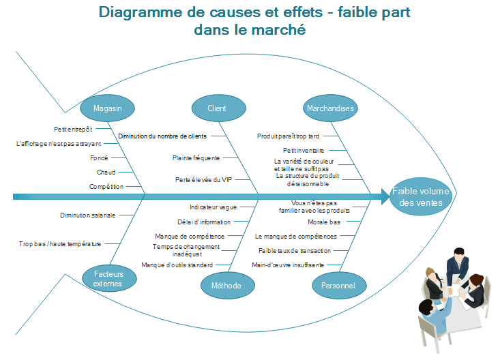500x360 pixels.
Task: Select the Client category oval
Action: [x=217, y=108]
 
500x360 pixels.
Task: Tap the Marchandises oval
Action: [x=330, y=108]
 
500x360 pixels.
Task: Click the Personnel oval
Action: [x=338, y=285]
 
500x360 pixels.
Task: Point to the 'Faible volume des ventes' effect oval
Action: [x=421, y=197]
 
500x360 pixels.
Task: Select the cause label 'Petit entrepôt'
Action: [x=73, y=128]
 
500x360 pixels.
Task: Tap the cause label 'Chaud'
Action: [x=106, y=172]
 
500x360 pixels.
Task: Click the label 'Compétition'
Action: [x=106, y=186]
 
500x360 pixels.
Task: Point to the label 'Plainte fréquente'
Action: [x=196, y=157]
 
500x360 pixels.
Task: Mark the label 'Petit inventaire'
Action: [x=304, y=150]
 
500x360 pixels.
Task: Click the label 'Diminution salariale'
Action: [x=87, y=215]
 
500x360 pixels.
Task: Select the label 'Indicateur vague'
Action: [x=214, y=207]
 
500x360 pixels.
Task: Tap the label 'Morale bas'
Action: [x=324, y=222]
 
